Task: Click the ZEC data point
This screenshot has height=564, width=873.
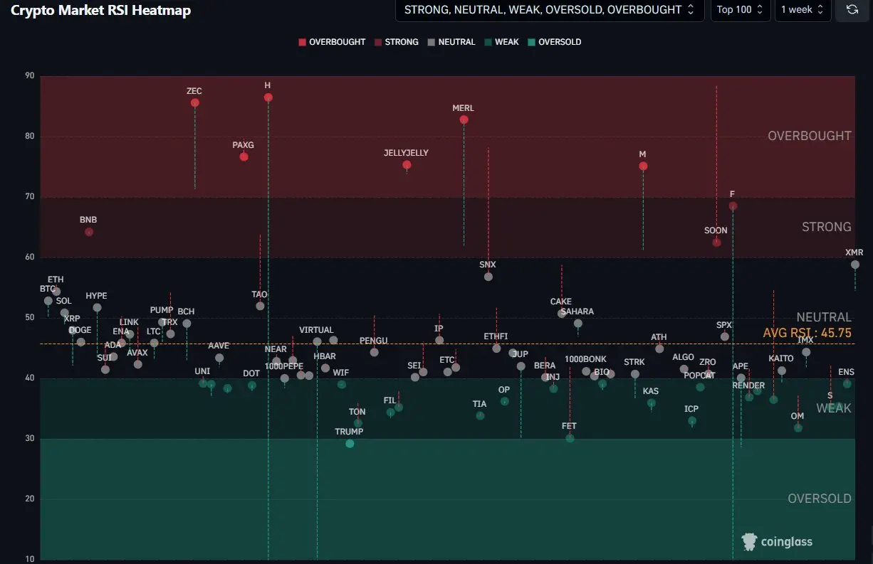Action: click(x=195, y=103)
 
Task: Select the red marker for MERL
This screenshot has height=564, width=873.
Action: click(x=464, y=119)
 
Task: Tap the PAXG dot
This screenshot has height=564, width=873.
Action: click(x=244, y=156)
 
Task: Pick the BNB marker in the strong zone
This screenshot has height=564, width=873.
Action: click(x=89, y=232)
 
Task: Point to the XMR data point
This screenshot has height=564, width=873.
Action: click(x=854, y=265)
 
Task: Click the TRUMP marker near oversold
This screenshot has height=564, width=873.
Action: click(x=350, y=444)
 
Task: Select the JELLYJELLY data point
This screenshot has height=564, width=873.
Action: click(x=407, y=165)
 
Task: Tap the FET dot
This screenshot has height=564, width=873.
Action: click(x=570, y=438)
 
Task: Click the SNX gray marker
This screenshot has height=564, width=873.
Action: click(x=488, y=277)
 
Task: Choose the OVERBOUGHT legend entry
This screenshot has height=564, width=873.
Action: click(x=332, y=42)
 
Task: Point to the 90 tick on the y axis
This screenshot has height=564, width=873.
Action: click(x=28, y=76)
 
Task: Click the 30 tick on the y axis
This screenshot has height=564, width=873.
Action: click(x=28, y=439)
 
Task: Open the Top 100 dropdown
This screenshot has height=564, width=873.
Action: click(x=740, y=10)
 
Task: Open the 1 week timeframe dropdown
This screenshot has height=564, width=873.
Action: click(x=803, y=10)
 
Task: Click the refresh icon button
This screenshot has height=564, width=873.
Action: click(x=852, y=10)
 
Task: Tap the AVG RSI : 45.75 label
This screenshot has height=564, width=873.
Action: click(x=807, y=333)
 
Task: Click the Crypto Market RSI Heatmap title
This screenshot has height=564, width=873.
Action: click(x=100, y=11)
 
